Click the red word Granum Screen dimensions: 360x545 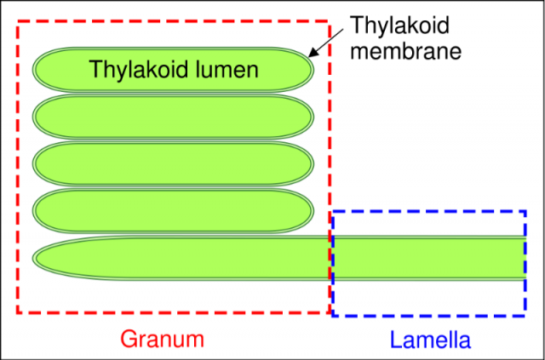pyautogui.click(x=162, y=339)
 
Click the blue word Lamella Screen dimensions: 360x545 pyautogui.click(x=429, y=340)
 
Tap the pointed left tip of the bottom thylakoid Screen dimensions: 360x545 pyautogui.click(x=37, y=258)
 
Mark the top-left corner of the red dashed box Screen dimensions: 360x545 pyautogui.click(x=18, y=20)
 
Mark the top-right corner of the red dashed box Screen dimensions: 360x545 pyautogui.click(x=330, y=20)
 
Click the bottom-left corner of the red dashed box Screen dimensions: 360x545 pyautogui.click(x=18, y=311)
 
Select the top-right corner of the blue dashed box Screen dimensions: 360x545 pyautogui.click(x=525, y=211)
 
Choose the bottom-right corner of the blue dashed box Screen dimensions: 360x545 pyautogui.click(x=525, y=316)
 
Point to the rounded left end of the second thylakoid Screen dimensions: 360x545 pyautogui.click(x=36, y=117)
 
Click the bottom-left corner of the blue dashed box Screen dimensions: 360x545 pyautogui.click(x=332, y=316)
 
